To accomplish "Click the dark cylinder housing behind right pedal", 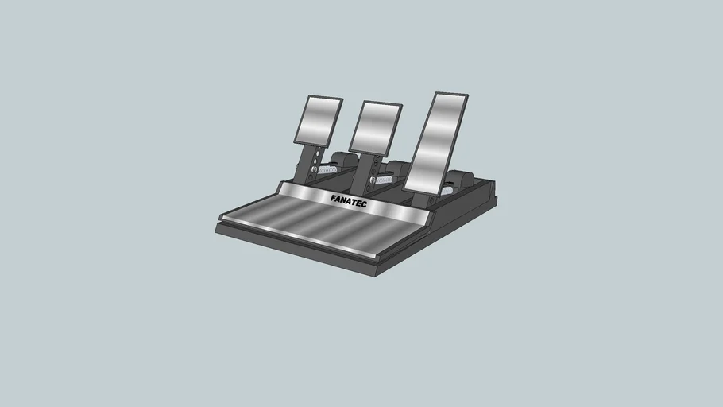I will [x=460, y=180].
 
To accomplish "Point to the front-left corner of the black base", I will [x=216, y=228].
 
